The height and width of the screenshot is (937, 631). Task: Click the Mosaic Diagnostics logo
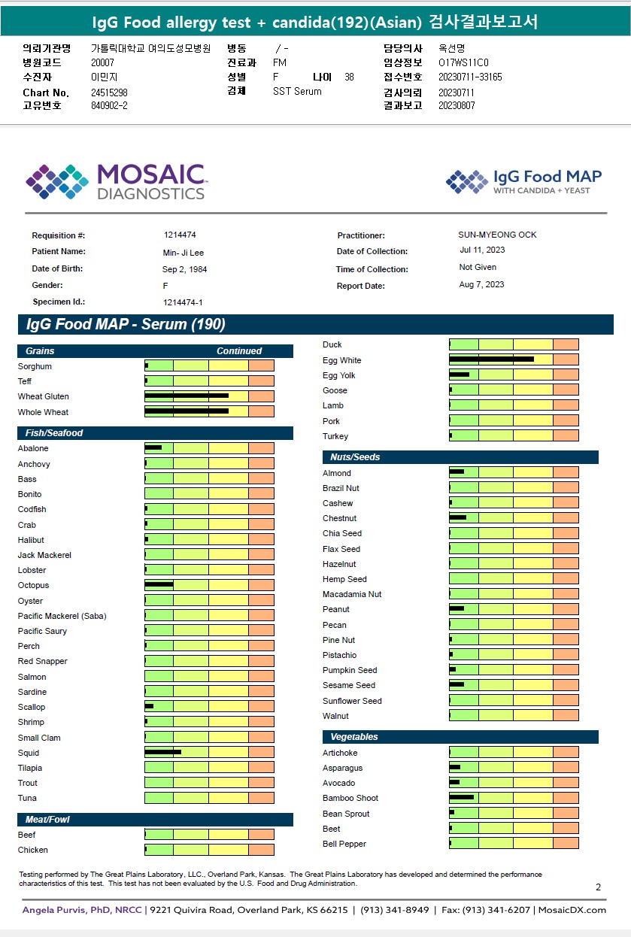pos(116,182)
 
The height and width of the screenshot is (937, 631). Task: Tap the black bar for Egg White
pos(491,359)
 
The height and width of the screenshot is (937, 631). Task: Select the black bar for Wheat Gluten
pos(187,396)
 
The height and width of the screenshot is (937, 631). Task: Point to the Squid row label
pos(29,753)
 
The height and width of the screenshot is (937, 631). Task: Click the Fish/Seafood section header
pos(53,433)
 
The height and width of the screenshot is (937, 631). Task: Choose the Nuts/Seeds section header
pos(355,457)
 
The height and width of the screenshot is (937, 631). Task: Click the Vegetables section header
pos(353,737)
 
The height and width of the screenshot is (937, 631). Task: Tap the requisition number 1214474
pos(180,235)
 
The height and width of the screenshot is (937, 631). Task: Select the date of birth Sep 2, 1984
pos(184,269)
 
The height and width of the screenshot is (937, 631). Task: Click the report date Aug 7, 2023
pos(481,284)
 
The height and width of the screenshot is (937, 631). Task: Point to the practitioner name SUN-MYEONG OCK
pos(497,235)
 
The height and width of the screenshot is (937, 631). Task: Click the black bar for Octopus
pos(159,584)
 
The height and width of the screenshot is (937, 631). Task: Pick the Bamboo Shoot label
pos(350,798)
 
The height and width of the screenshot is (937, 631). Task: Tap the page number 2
pos(598,887)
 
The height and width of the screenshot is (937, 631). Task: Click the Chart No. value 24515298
pos(109,92)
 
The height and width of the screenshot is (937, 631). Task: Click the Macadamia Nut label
pos(352,594)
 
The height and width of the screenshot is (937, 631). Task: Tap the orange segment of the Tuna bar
pos(261,798)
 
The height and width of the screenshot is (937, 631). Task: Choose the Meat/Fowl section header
pos(47,819)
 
